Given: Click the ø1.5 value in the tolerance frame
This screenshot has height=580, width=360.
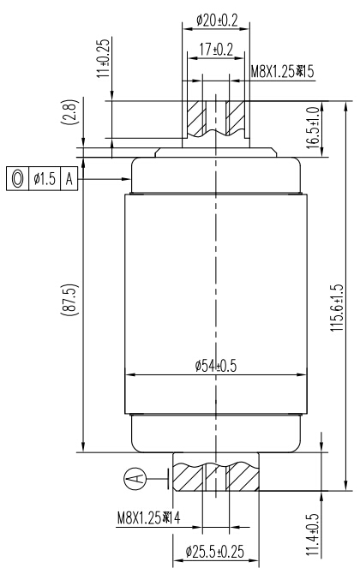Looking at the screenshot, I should pos(44,180).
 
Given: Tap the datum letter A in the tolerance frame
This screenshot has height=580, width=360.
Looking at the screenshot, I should pos(67,180).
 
